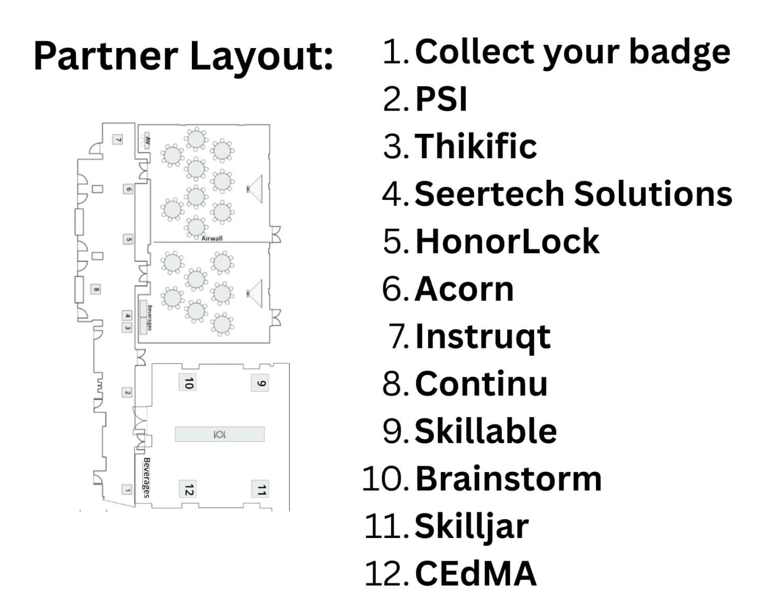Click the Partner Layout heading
coord(183,56)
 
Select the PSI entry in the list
coord(441,99)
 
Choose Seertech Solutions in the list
coord(573,193)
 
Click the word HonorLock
coord(507,241)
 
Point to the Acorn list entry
coord(464,289)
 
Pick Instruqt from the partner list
coord(483,336)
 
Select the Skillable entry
coord(485,431)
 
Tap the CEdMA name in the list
coord(475,573)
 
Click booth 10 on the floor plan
coord(188,383)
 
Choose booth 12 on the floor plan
coord(188,489)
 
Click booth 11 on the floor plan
coord(260,489)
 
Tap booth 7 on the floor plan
coord(119,139)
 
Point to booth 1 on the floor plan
coord(127,489)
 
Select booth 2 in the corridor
coord(127,392)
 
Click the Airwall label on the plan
coord(212,238)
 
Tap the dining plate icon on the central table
coord(220,434)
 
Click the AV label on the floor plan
coord(147,140)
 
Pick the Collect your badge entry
coord(572,52)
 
